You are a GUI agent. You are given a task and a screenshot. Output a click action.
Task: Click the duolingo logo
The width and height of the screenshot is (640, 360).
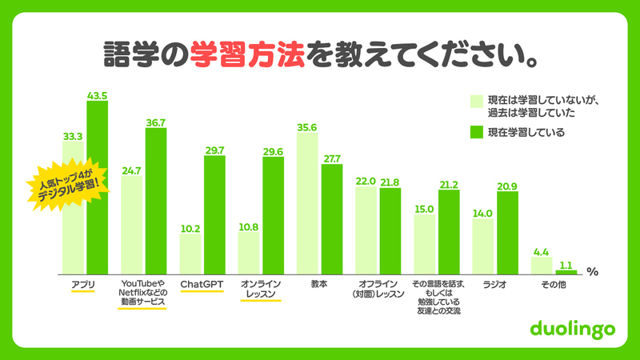571,329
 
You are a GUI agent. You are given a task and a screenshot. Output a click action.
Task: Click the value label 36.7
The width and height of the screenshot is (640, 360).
155,122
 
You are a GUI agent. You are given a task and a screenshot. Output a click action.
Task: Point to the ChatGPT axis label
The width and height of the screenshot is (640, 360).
202,283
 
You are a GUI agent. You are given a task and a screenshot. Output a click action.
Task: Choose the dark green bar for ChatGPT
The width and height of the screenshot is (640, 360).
214,214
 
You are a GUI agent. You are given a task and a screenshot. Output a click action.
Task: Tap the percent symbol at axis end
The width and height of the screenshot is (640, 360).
592,271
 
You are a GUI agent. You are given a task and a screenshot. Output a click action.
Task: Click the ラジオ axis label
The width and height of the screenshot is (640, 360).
494,283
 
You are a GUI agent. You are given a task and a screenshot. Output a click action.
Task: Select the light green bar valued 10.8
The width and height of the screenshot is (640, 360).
249,252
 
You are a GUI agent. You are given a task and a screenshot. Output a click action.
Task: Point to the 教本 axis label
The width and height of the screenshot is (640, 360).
318,283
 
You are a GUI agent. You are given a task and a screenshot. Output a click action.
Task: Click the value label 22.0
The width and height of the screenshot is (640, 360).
366,182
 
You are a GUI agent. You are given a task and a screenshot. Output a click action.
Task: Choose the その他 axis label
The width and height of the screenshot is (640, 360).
553,283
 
